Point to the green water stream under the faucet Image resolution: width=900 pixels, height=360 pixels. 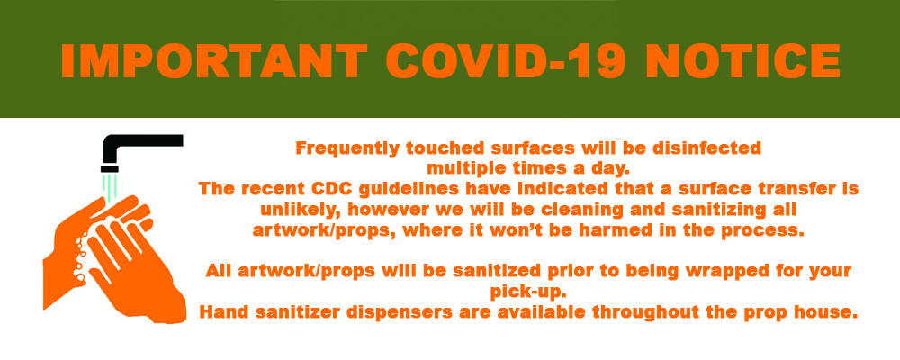click(109, 187)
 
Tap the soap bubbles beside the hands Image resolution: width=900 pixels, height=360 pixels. click(83, 253)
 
